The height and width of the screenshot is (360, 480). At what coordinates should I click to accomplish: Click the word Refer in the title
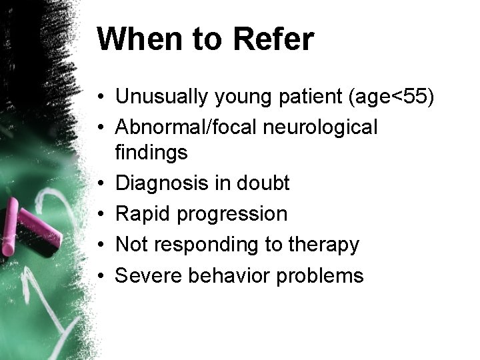point(273,40)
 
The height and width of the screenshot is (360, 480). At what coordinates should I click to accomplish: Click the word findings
point(152,152)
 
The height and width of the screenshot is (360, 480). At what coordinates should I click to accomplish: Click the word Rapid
point(141,213)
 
